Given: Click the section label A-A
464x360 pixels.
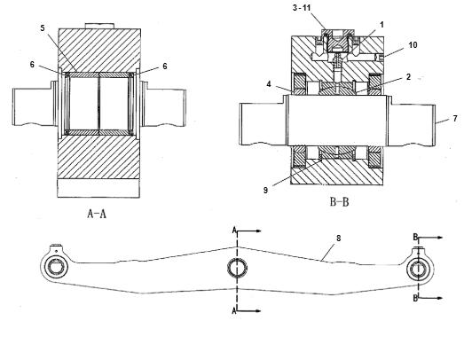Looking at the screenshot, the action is [x=97, y=214].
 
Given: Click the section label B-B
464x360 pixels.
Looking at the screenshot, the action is [x=339, y=202].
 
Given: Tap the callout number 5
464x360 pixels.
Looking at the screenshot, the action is [x=43, y=28].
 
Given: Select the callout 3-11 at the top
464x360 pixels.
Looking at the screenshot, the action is [x=302, y=8].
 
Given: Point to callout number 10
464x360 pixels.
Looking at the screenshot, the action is [x=413, y=45].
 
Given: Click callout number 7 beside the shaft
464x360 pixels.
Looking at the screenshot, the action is [x=455, y=118].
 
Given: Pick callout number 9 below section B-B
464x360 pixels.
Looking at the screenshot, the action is [x=265, y=191].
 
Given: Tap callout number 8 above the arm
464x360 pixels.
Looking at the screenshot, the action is [x=339, y=238].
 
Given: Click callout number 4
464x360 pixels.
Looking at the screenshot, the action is [x=269, y=84].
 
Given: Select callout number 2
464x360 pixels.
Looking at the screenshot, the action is [x=409, y=77].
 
